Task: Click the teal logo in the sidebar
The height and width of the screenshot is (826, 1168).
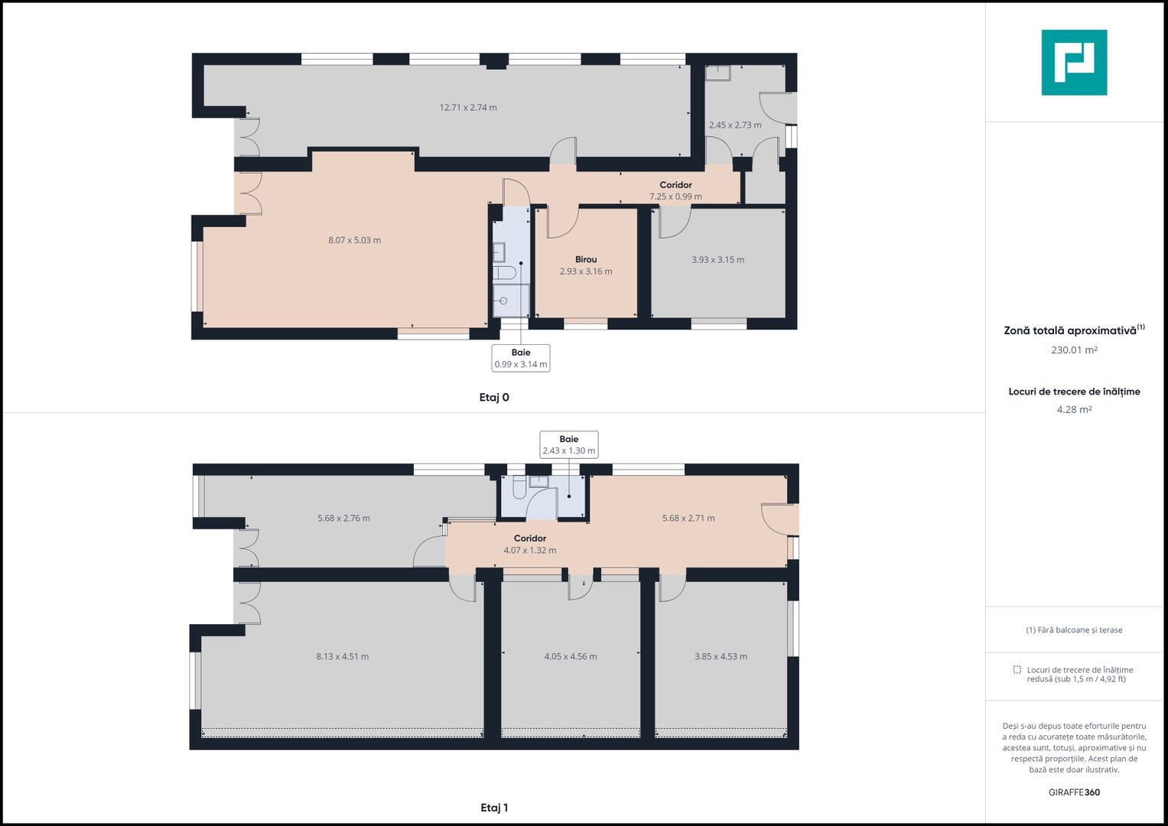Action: coord(1074,63)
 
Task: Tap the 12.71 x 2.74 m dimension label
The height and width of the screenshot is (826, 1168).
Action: coord(467,107)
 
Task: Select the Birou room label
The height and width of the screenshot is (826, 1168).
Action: coord(586,259)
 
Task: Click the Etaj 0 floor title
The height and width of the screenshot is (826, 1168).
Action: coord(494,398)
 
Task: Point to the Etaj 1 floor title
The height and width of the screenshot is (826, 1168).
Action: coord(494,808)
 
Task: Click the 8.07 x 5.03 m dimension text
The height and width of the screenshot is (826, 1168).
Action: coord(354,240)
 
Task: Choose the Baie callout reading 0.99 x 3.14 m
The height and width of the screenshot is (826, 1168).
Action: coord(520,358)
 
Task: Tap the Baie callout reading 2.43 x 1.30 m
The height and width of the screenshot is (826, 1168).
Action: coord(568,445)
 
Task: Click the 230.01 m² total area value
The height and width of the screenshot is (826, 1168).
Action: coord(1074,350)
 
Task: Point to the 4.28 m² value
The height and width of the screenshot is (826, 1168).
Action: coord(1074,409)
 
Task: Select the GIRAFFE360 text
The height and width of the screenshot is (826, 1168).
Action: coord(1074,792)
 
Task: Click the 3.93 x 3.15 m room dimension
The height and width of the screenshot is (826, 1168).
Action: coord(717,260)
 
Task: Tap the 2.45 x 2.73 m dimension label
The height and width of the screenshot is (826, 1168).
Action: coord(735,125)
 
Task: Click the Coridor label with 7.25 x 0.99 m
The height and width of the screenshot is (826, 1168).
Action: coord(675,190)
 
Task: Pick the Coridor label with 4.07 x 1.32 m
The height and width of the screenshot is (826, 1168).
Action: coord(530,544)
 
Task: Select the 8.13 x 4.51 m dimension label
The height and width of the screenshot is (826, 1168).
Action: coord(342,656)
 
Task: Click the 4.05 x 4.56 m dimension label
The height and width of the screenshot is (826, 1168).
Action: coord(571,656)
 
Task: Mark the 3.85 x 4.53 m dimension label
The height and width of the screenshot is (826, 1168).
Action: coord(721,656)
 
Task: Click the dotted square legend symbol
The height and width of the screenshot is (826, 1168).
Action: coord(1017,669)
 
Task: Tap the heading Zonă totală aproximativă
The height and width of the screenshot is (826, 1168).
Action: coord(1069,330)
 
